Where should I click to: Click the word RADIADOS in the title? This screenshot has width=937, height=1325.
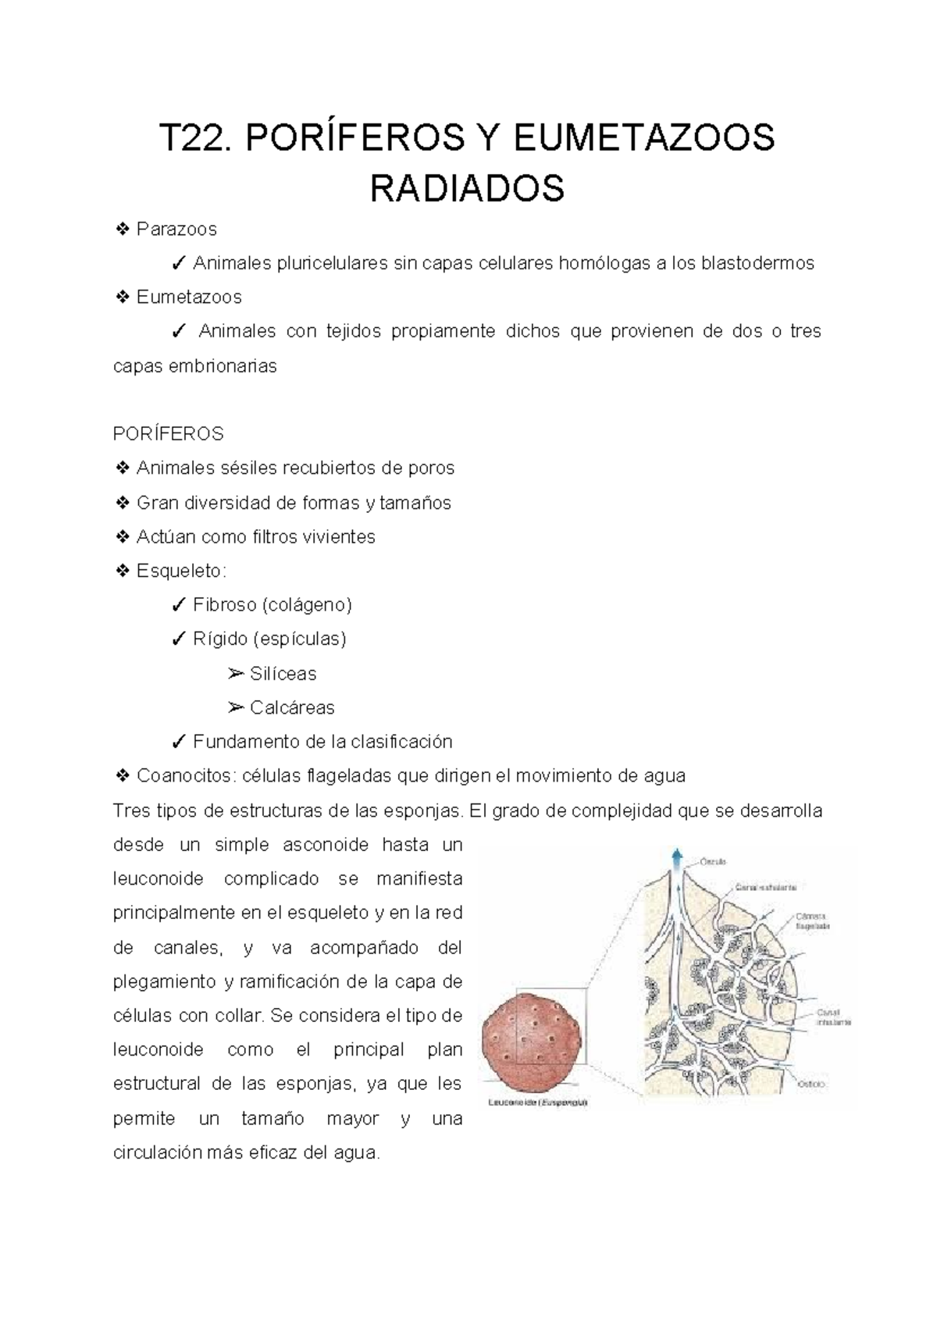point(467,188)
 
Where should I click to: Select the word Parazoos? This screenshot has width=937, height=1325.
point(176,230)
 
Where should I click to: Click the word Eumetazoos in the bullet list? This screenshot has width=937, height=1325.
point(189,297)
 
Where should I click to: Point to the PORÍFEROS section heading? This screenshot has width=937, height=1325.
point(169,433)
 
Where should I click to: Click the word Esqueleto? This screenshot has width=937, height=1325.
point(180,571)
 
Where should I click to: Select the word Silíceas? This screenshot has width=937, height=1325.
point(283,674)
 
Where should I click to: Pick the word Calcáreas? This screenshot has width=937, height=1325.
point(292,708)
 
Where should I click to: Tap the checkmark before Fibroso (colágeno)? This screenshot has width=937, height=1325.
point(178,605)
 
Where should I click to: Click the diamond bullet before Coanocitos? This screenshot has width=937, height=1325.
point(123,776)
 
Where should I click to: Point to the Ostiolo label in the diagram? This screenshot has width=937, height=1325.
point(811,1084)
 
